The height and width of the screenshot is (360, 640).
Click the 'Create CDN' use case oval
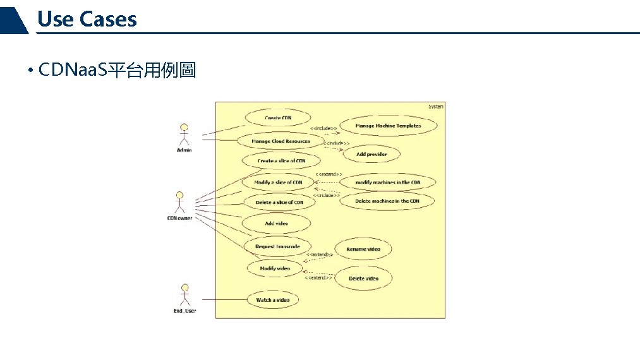(278, 118)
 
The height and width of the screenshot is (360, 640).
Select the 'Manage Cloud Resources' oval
(281, 141)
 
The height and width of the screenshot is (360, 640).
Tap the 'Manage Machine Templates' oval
(388, 126)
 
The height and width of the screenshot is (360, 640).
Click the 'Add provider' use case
(371, 154)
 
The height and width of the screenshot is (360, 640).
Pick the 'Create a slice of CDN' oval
(281, 161)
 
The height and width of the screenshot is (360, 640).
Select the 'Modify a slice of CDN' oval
(278, 183)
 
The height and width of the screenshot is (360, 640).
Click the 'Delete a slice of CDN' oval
(279, 203)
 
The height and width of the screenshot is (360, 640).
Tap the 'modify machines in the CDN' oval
(387, 183)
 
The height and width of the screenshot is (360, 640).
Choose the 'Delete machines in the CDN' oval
(387, 201)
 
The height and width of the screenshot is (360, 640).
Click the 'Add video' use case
(277, 224)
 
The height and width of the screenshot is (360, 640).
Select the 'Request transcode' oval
(277, 246)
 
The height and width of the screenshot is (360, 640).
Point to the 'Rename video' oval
(363, 249)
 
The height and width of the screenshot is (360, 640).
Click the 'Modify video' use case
(275, 268)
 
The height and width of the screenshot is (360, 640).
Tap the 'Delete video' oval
(363, 279)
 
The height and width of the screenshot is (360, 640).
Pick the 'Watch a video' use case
(273, 300)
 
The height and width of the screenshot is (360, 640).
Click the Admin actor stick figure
(184, 135)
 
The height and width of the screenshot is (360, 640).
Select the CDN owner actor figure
(179, 203)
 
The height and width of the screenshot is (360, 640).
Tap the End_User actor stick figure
(184, 296)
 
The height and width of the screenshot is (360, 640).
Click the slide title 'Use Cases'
(87, 19)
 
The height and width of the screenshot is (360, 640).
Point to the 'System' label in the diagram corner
(436, 107)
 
